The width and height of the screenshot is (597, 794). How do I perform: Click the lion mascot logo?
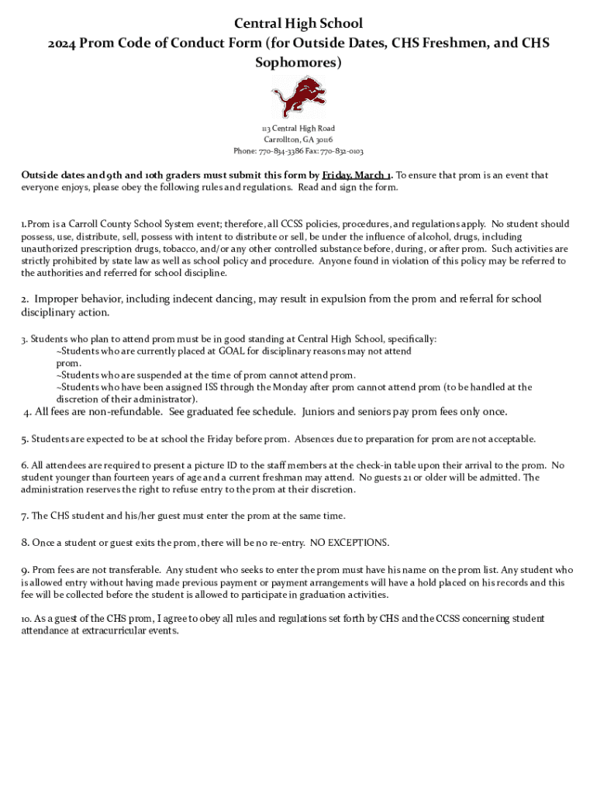(x=298, y=97)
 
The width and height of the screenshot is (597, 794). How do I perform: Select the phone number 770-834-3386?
(x=282, y=151)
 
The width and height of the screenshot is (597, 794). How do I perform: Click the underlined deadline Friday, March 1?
(x=357, y=175)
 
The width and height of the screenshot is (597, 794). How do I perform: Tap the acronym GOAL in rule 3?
(x=232, y=351)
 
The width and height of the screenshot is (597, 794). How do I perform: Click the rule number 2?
(x=25, y=299)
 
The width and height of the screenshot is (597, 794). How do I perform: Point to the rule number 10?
(x=26, y=619)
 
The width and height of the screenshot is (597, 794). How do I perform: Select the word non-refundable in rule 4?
(x=126, y=412)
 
